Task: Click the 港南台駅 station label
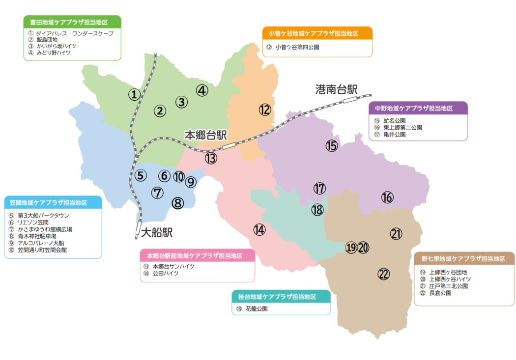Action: (x=336, y=90)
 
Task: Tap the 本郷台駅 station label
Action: (x=205, y=135)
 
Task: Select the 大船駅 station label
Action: (x=157, y=232)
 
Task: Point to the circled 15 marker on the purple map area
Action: (x=332, y=145)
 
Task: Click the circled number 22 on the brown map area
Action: (x=384, y=274)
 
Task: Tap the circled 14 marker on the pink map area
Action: (x=259, y=229)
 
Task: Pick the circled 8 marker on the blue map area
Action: (x=178, y=202)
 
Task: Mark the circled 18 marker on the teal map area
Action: (x=317, y=210)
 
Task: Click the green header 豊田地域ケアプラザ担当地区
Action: (x=72, y=23)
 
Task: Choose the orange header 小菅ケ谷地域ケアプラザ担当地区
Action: (x=317, y=34)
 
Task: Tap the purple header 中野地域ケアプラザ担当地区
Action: (x=417, y=108)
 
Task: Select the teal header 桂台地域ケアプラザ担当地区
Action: (x=281, y=297)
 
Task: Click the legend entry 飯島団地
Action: (x=47, y=40)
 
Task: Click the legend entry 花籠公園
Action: (x=256, y=309)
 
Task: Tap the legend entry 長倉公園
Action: (x=440, y=293)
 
